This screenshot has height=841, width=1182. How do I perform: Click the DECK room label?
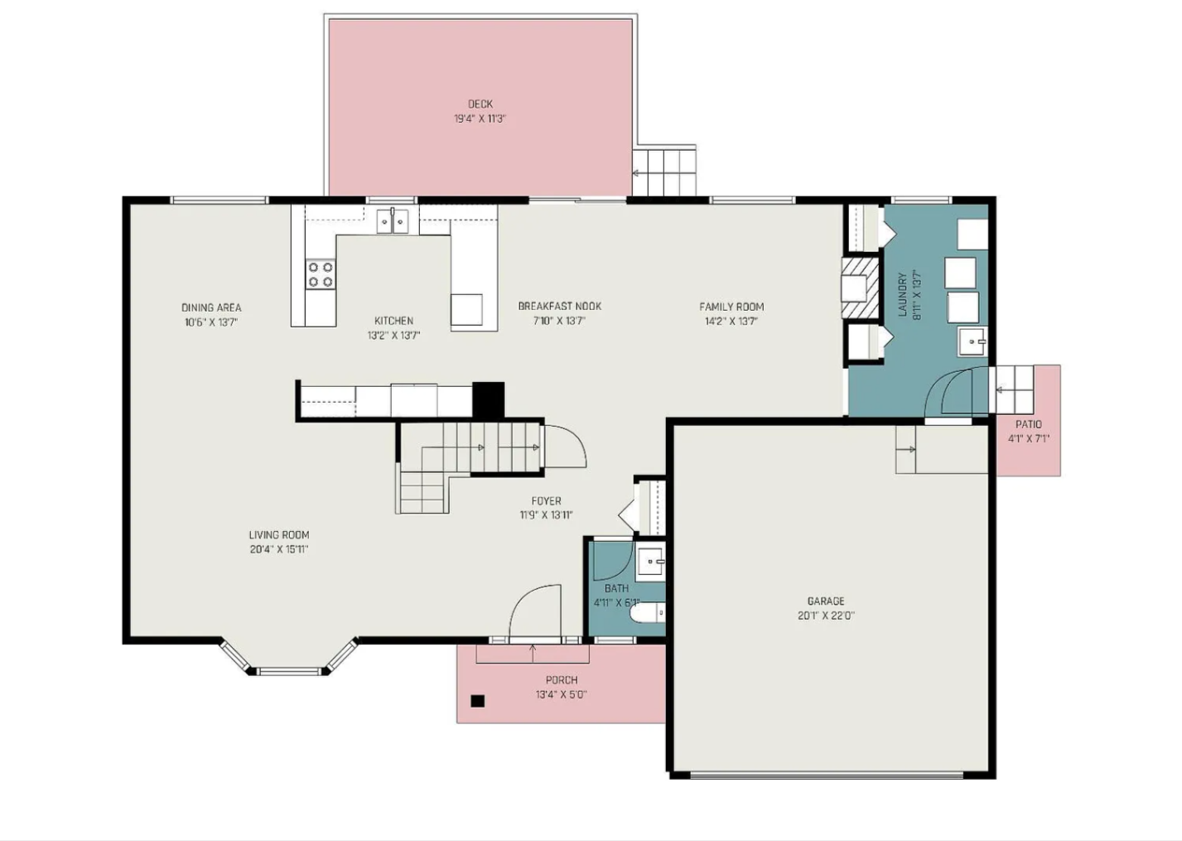480,104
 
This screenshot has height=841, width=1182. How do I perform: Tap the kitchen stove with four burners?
321,274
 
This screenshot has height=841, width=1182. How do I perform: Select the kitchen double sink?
393,221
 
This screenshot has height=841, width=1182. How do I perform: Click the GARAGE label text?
826,601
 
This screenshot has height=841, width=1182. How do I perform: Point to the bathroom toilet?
648,612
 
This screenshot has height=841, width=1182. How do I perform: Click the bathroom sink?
650,562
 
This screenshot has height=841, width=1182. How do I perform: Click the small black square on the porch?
478,701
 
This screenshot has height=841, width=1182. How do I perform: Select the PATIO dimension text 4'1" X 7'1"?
1029,438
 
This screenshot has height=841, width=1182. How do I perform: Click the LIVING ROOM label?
279,534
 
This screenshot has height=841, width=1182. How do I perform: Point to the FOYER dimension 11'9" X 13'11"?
546,515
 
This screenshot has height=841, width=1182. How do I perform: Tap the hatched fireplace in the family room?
860,288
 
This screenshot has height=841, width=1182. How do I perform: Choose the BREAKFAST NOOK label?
560,307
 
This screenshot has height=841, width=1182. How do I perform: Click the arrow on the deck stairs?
637,173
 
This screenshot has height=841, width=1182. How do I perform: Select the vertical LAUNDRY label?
902,295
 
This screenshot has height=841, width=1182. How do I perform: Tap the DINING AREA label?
211,307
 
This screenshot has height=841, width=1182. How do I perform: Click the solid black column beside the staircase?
488,400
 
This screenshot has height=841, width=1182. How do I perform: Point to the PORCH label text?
562,680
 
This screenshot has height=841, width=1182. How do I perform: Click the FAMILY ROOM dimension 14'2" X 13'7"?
731,321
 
